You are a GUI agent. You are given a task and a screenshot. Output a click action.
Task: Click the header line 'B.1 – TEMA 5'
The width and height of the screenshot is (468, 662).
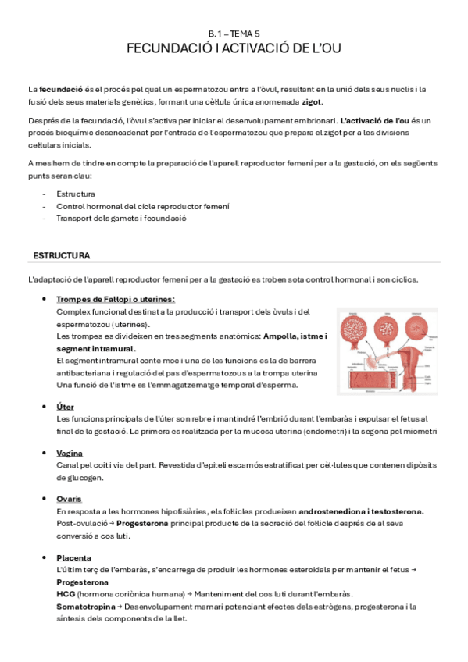point(234,34)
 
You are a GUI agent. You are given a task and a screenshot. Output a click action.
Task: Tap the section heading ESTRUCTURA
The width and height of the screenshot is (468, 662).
point(61,256)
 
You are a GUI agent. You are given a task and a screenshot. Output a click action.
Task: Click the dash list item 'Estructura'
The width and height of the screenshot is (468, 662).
point(76,194)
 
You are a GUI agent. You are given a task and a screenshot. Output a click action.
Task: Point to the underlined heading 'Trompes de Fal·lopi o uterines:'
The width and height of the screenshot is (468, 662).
point(116,299)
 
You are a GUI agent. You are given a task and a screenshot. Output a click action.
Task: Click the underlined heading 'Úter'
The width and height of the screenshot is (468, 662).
point(66,407)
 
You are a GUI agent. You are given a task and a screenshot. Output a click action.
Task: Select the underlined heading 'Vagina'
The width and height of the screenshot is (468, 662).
point(70,453)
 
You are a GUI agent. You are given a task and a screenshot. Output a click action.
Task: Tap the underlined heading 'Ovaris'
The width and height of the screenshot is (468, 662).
point(69,498)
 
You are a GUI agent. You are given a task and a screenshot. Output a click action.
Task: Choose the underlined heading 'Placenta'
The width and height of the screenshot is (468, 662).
point(73,557)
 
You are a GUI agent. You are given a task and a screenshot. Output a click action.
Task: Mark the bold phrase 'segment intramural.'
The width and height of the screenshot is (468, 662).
point(96,348)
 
